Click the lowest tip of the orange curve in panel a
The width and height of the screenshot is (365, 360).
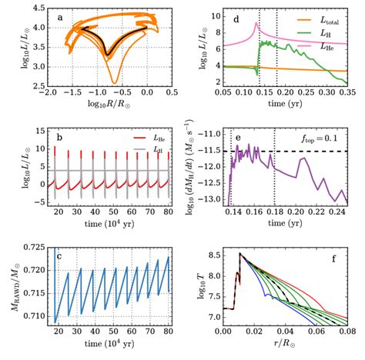[113, 82]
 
